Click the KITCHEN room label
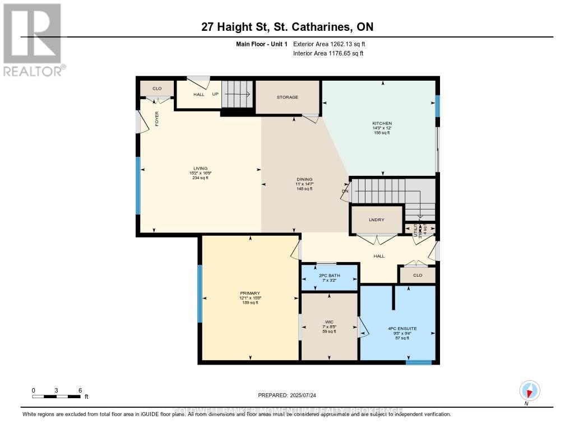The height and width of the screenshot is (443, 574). [382, 123]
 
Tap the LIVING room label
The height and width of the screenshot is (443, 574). [200, 169]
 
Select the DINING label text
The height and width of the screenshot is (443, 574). [304, 179]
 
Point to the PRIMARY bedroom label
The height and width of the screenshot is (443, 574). [249, 293]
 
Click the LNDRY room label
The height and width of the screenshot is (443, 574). [377, 220]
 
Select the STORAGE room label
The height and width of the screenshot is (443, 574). [288, 97]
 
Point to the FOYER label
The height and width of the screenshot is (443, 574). [157, 119]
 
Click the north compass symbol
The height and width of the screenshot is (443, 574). [529, 390]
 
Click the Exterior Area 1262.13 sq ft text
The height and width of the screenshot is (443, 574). [329, 44]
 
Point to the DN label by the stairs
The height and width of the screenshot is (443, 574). [345, 191]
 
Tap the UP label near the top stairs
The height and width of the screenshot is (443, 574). [215, 94]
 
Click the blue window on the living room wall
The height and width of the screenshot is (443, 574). [138, 185]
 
